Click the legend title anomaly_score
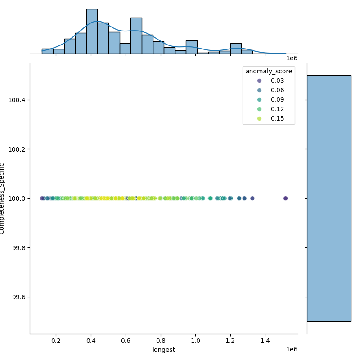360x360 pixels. pyautogui.click(x=269, y=71)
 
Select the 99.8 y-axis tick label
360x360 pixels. pyautogui.click(x=18, y=248)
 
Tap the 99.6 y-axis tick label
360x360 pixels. pyautogui.click(x=18, y=297)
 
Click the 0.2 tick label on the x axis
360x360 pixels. pyautogui.click(x=56, y=341)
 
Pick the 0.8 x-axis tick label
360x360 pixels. pyautogui.click(x=161, y=341)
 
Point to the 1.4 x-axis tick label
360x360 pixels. pyautogui.click(x=265, y=341)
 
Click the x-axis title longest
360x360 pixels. pyautogui.click(x=164, y=350)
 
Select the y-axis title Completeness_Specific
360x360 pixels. pyautogui.click(x=3, y=198)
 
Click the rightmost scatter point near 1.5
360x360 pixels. pyautogui.click(x=285, y=198)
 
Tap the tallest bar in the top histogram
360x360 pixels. pyautogui.click(x=92, y=31)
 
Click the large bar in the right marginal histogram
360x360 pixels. pyautogui.click(x=328, y=198)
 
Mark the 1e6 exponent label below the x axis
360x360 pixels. pyautogui.click(x=292, y=350)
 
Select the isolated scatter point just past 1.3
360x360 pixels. pyautogui.click(x=252, y=198)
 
